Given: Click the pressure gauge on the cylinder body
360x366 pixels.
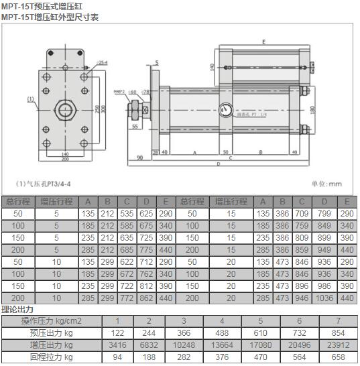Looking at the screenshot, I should pyautogui.click(x=224, y=108).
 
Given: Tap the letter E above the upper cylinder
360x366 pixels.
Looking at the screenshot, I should pyautogui.click(x=264, y=42).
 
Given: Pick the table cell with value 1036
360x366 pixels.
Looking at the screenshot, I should pyautogui.click(x=324, y=297).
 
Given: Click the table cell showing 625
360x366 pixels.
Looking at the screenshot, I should pyautogui.click(x=145, y=213).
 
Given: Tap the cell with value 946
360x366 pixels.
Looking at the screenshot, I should pyautogui.click(x=301, y=297).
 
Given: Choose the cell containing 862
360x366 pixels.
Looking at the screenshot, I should pyautogui.click(x=145, y=297).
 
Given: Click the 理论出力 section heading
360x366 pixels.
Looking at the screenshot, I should pyautogui.click(x=17, y=309).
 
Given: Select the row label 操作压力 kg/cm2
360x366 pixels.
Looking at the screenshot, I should pyautogui.click(x=52, y=321).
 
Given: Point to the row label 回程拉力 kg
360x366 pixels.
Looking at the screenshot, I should pyautogui.click(x=52, y=357).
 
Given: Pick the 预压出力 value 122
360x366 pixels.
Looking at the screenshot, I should pyautogui.click(x=118, y=333).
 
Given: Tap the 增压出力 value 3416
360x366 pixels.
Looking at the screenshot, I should pyautogui.click(x=118, y=345).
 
